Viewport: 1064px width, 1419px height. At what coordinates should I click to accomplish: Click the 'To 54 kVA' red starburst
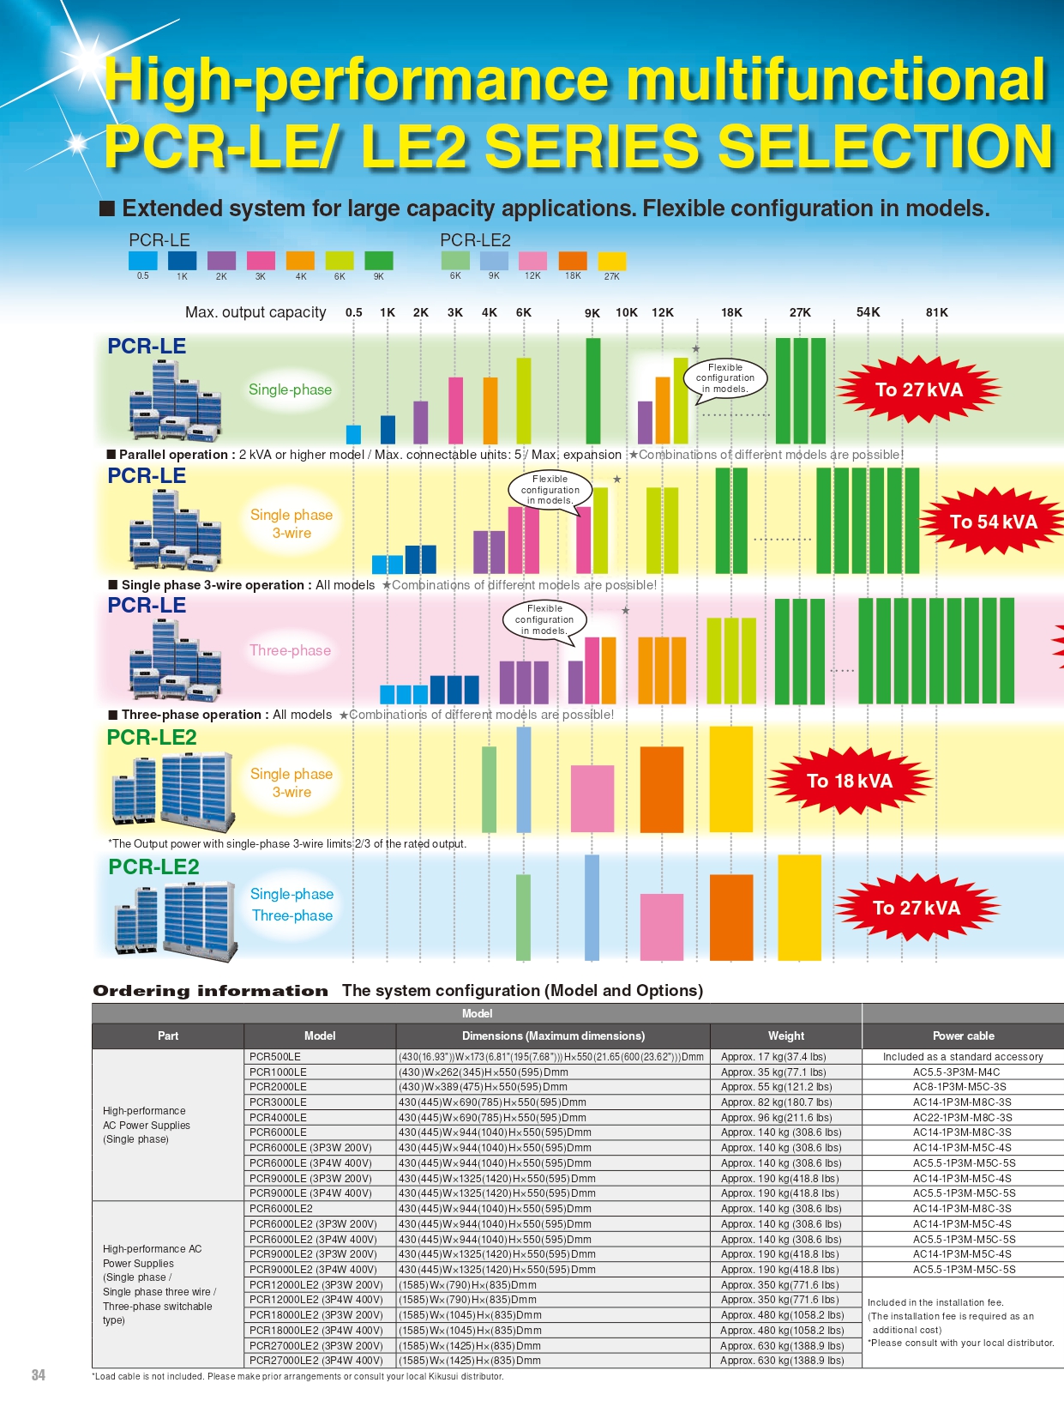993,522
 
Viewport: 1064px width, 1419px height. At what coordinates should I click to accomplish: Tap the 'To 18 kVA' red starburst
849,781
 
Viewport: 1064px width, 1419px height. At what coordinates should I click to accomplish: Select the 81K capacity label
936,312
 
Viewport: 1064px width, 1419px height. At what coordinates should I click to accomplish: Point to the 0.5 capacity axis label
354,312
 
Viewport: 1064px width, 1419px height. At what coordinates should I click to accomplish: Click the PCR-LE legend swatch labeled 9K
378,261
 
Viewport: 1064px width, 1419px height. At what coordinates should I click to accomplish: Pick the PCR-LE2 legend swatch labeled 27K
611,261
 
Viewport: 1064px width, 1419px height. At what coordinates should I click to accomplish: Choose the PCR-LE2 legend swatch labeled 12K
532,261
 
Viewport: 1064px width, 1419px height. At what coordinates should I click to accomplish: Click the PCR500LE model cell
275,1057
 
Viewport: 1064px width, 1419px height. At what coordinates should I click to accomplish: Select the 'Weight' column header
785,1036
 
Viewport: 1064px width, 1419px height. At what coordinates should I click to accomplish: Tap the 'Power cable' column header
963,1036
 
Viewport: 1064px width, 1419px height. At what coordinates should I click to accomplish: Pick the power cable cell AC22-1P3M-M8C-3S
962,1117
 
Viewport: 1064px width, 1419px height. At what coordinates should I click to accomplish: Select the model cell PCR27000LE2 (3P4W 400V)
316,1360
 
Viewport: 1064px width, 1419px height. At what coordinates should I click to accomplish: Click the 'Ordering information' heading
210,991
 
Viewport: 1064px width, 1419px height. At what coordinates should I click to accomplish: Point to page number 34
39,1375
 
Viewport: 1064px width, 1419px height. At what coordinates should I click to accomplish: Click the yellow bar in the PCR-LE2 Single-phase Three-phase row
799,907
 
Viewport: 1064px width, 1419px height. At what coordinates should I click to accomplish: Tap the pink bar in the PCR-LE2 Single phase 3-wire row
592,798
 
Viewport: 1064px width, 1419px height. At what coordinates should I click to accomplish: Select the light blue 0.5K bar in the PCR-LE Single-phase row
353,433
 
